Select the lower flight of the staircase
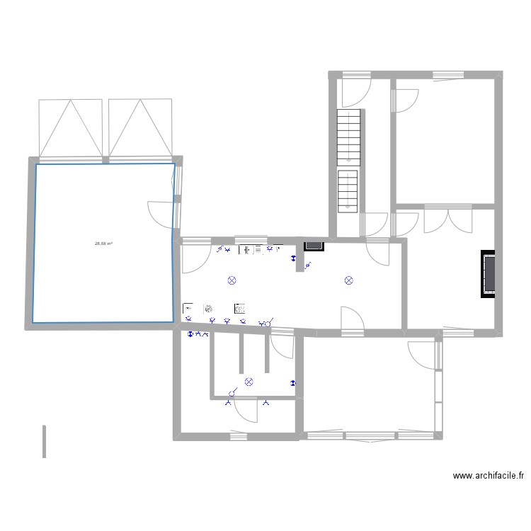tap(348, 191)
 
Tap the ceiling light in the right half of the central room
tap(348, 280)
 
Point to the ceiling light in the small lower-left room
tap(249, 382)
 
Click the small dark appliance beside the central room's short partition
tap(314, 246)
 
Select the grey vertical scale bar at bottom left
tap(44, 441)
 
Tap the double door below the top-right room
tap(447, 219)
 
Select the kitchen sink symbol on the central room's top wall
tap(247, 249)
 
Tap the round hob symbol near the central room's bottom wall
tap(208, 308)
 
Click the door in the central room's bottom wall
tap(352, 319)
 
